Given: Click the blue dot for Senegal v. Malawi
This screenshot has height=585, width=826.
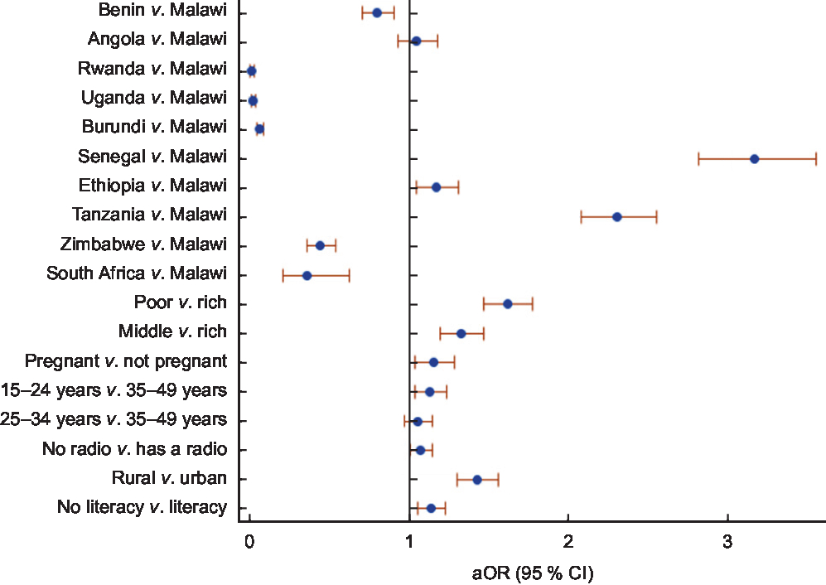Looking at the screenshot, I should (x=754, y=158).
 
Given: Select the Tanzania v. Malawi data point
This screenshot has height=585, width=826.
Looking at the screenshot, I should (x=616, y=216).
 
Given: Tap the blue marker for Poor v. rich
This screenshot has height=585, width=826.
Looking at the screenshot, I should (x=507, y=304).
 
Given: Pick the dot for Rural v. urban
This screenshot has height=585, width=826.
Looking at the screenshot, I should (x=476, y=479).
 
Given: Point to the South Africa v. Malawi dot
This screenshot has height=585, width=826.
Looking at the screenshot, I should (x=307, y=275).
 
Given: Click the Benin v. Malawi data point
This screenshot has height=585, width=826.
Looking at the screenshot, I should (x=377, y=12).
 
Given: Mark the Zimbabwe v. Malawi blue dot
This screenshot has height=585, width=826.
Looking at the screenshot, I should (x=320, y=245).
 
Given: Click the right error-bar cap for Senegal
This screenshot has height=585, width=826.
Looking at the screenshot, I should (x=816, y=158).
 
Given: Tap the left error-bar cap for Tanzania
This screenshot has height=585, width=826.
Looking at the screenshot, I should (x=581, y=216).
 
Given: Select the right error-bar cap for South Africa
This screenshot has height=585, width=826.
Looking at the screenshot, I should (x=349, y=275).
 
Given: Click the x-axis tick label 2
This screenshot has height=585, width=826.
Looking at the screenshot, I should (x=568, y=543).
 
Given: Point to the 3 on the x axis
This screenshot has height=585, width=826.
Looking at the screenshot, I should (x=727, y=543).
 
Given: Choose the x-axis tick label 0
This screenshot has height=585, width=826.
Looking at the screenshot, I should (x=249, y=543).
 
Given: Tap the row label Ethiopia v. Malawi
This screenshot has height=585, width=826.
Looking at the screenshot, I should (x=152, y=186).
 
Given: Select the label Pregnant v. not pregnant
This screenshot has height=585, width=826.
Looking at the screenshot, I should (x=126, y=361).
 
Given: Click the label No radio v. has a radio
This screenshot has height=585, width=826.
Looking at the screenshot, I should (x=134, y=449).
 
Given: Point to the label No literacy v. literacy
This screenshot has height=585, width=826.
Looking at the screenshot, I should (x=142, y=507).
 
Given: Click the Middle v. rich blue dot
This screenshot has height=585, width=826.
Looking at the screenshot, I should (x=461, y=333).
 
